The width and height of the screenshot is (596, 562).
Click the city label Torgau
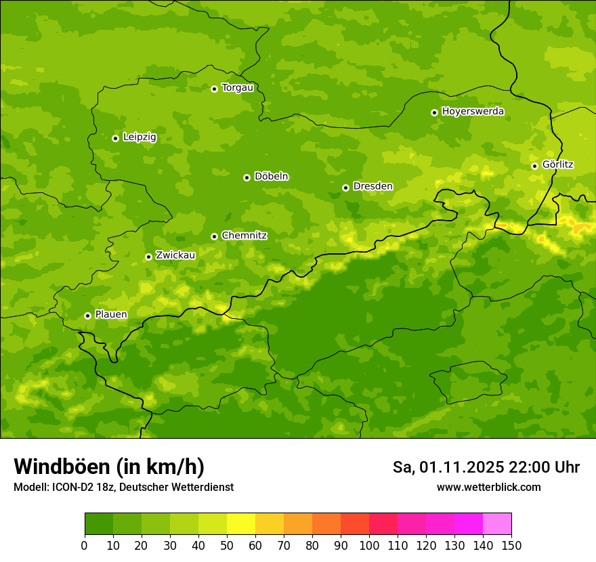[x=237, y=88]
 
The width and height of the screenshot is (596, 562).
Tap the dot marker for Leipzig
[x=115, y=138]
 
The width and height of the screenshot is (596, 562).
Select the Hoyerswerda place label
[x=473, y=112]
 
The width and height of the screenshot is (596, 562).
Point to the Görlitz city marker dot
[x=534, y=166]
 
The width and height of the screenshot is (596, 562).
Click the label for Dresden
[x=372, y=186]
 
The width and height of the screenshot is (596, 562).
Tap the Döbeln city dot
[x=247, y=177]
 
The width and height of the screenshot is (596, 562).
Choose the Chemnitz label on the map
[x=244, y=236]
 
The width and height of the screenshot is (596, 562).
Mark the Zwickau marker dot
[x=148, y=257]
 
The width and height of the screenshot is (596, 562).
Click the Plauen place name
[x=111, y=315]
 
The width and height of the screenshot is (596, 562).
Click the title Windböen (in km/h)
[x=108, y=467]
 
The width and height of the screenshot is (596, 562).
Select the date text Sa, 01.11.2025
[x=448, y=467]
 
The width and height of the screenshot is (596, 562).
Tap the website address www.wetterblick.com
[x=488, y=488]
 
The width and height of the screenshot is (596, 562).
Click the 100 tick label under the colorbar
[x=369, y=544]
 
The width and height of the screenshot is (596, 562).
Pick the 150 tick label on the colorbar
[x=511, y=544]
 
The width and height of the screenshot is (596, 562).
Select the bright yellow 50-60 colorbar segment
[x=241, y=523]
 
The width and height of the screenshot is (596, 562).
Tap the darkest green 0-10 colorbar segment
[x=99, y=523]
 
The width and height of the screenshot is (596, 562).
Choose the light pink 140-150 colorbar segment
[x=497, y=523]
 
